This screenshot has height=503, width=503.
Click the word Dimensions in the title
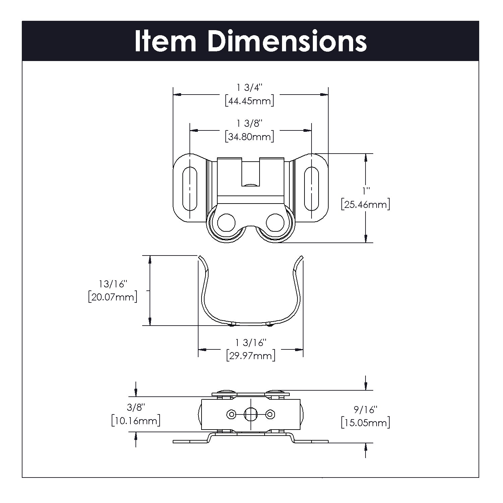click(x=287, y=42)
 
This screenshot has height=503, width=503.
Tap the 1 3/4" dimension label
click(x=249, y=88)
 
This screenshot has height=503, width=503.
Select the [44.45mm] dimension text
click(x=249, y=101)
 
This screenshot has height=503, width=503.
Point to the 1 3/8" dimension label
click(x=249, y=123)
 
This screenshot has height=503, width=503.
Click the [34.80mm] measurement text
click(x=249, y=137)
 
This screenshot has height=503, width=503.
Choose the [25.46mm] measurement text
click(x=365, y=204)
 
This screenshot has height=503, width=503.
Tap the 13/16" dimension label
click(x=114, y=284)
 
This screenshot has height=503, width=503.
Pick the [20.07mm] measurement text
click(x=113, y=297)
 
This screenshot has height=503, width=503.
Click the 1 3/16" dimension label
click(x=251, y=342)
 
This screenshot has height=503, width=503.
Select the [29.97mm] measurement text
click(x=251, y=355)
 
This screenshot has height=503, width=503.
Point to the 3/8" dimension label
click(x=136, y=407)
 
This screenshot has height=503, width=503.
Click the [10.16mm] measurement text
click(x=135, y=421)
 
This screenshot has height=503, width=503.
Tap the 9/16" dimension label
click(x=366, y=409)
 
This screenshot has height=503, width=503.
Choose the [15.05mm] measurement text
click(x=366, y=423)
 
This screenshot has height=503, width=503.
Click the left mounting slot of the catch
click(x=189, y=188)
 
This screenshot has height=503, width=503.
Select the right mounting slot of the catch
click(x=311, y=188)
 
